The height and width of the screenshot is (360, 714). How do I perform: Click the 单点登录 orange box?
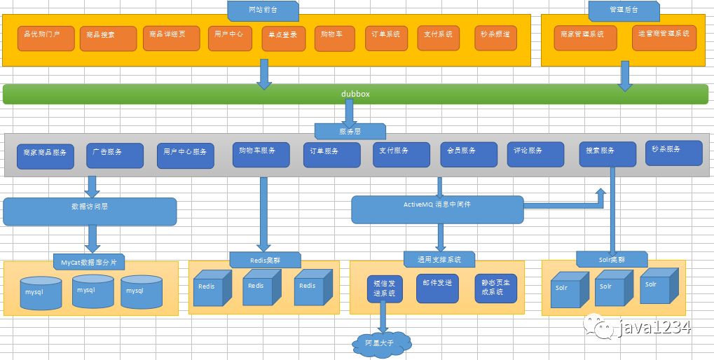[285, 39]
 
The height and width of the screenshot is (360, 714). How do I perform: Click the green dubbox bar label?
[355, 94]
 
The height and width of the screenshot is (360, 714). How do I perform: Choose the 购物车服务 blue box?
[261, 155]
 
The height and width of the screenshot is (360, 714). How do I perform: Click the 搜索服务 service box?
[607, 154]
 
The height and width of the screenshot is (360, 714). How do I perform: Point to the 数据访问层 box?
[90, 211]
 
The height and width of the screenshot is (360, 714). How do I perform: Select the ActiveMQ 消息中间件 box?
[437, 209]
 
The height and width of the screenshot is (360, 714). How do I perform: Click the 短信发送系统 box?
[385, 288]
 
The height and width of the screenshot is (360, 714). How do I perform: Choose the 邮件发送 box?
[437, 288]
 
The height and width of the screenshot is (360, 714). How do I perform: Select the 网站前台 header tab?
[263, 11]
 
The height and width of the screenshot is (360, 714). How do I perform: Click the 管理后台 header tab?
[624, 11]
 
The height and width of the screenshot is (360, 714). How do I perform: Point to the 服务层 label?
[350, 131]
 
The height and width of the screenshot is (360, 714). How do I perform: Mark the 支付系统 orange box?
[439, 38]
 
